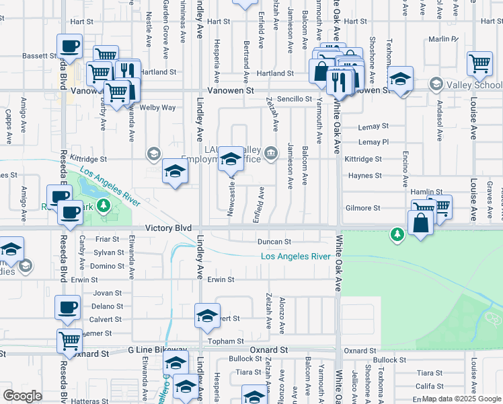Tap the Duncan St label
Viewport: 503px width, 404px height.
click(x=273, y=242)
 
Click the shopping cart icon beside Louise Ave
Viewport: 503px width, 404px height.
click(x=479, y=63)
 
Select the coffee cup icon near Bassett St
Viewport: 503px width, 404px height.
click(x=70, y=46)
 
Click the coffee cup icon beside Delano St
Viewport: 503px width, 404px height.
click(x=67, y=308)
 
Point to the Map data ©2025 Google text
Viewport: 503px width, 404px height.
click(x=461, y=399)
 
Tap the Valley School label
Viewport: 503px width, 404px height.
click(x=477, y=85)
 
